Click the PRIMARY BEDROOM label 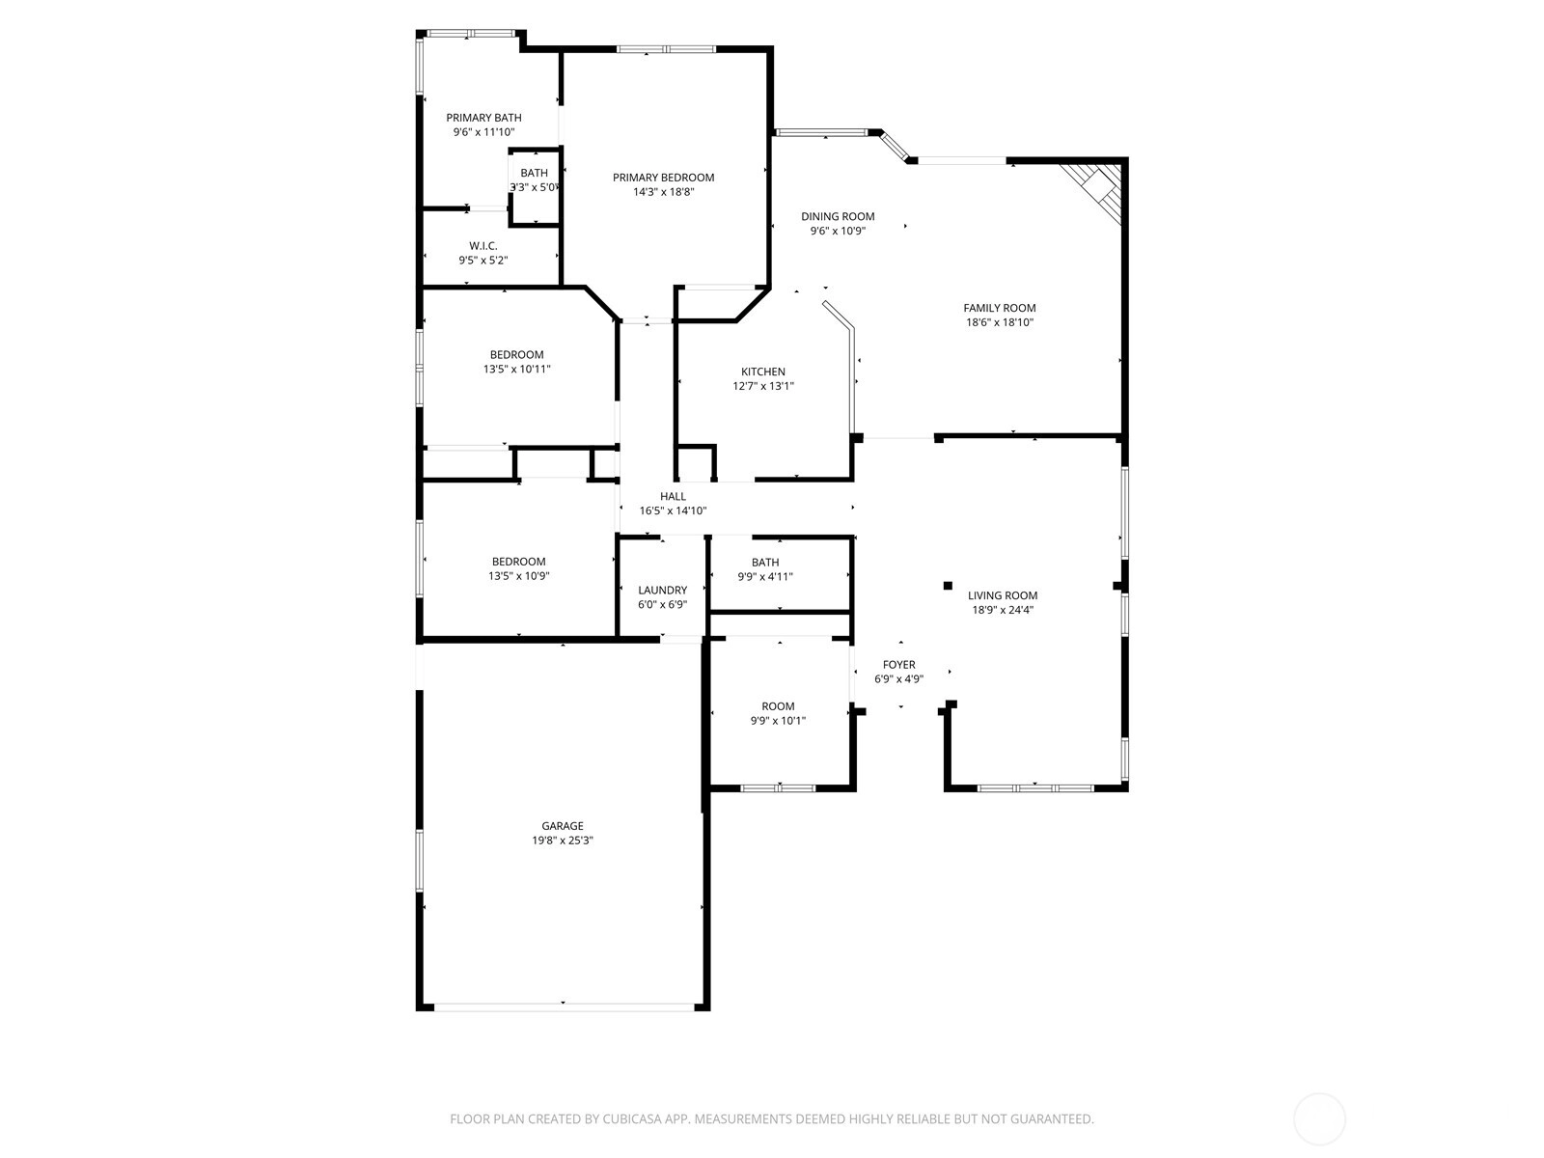pyautogui.click(x=663, y=178)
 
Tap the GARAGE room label pyautogui.click(x=562, y=826)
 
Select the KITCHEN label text pyautogui.click(x=762, y=372)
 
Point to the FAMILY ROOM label pyautogui.click(x=999, y=308)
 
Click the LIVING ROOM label pyautogui.click(x=1002, y=595)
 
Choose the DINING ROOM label pyautogui.click(x=837, y=216)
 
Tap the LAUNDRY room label pyautogui.click(x=662, y=591)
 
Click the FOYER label pyautogui.click(x=899, y=665)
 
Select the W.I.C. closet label pyautogui.click(x=482, y=246)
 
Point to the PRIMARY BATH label pyautogui.click(x=483, y=118)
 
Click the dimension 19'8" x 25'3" pyautogui.click(x=562, y=841)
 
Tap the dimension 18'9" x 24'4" pyautogui.click(x=1002, y=610)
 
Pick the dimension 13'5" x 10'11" pyautogui.click(x=516, y=370)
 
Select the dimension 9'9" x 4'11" pyautogui.click(x=764, y=576)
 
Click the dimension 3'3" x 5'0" pyautogui.click(x=535, y=188)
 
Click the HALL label pyautogui.click(x=673, y=496)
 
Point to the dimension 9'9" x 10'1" pyautogui.click(x=777, y=721)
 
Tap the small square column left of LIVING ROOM pyautogui.click(x=948, y=586)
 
